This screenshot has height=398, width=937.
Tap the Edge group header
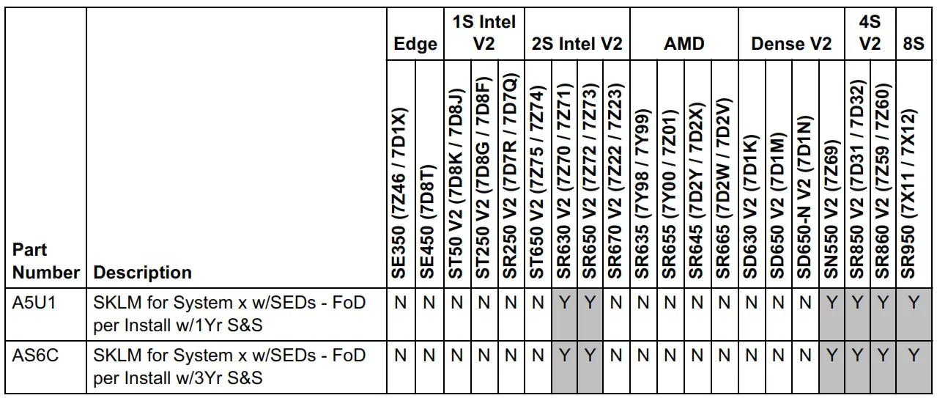click(415, 44)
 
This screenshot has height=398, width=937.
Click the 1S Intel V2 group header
click(484, 33)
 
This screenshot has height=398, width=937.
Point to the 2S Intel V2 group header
click(577, 44)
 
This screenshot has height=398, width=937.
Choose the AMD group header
click(684, 44)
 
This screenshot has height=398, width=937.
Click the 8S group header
click(913, 44)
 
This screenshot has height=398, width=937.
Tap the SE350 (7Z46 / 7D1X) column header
click(401, 194)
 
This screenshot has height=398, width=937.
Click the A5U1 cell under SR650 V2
click(590, 303)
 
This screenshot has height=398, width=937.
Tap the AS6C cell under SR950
click(913, 356)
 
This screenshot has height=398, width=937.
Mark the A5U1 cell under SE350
click(401, 303)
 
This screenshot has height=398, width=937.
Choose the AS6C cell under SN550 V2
click(832, 356)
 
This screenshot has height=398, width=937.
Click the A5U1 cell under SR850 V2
click(858, 303)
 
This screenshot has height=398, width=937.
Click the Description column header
click(144, 273)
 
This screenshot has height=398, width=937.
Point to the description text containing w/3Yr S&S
click(229, 366)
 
